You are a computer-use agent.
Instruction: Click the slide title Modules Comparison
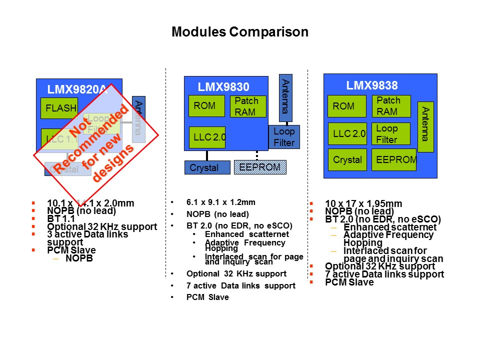click(239, 32)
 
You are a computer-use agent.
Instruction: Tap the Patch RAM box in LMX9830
click(247, 106)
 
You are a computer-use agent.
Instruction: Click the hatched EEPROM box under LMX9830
click(260, 167)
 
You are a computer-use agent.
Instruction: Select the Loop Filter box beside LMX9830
click(284, 137)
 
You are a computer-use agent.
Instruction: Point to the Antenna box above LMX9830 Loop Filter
click(285, 97)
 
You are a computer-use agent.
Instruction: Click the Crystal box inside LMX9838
click(347, 159)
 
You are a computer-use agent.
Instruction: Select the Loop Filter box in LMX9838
click(391, 134)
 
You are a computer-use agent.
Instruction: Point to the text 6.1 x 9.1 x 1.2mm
click(220, 202)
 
